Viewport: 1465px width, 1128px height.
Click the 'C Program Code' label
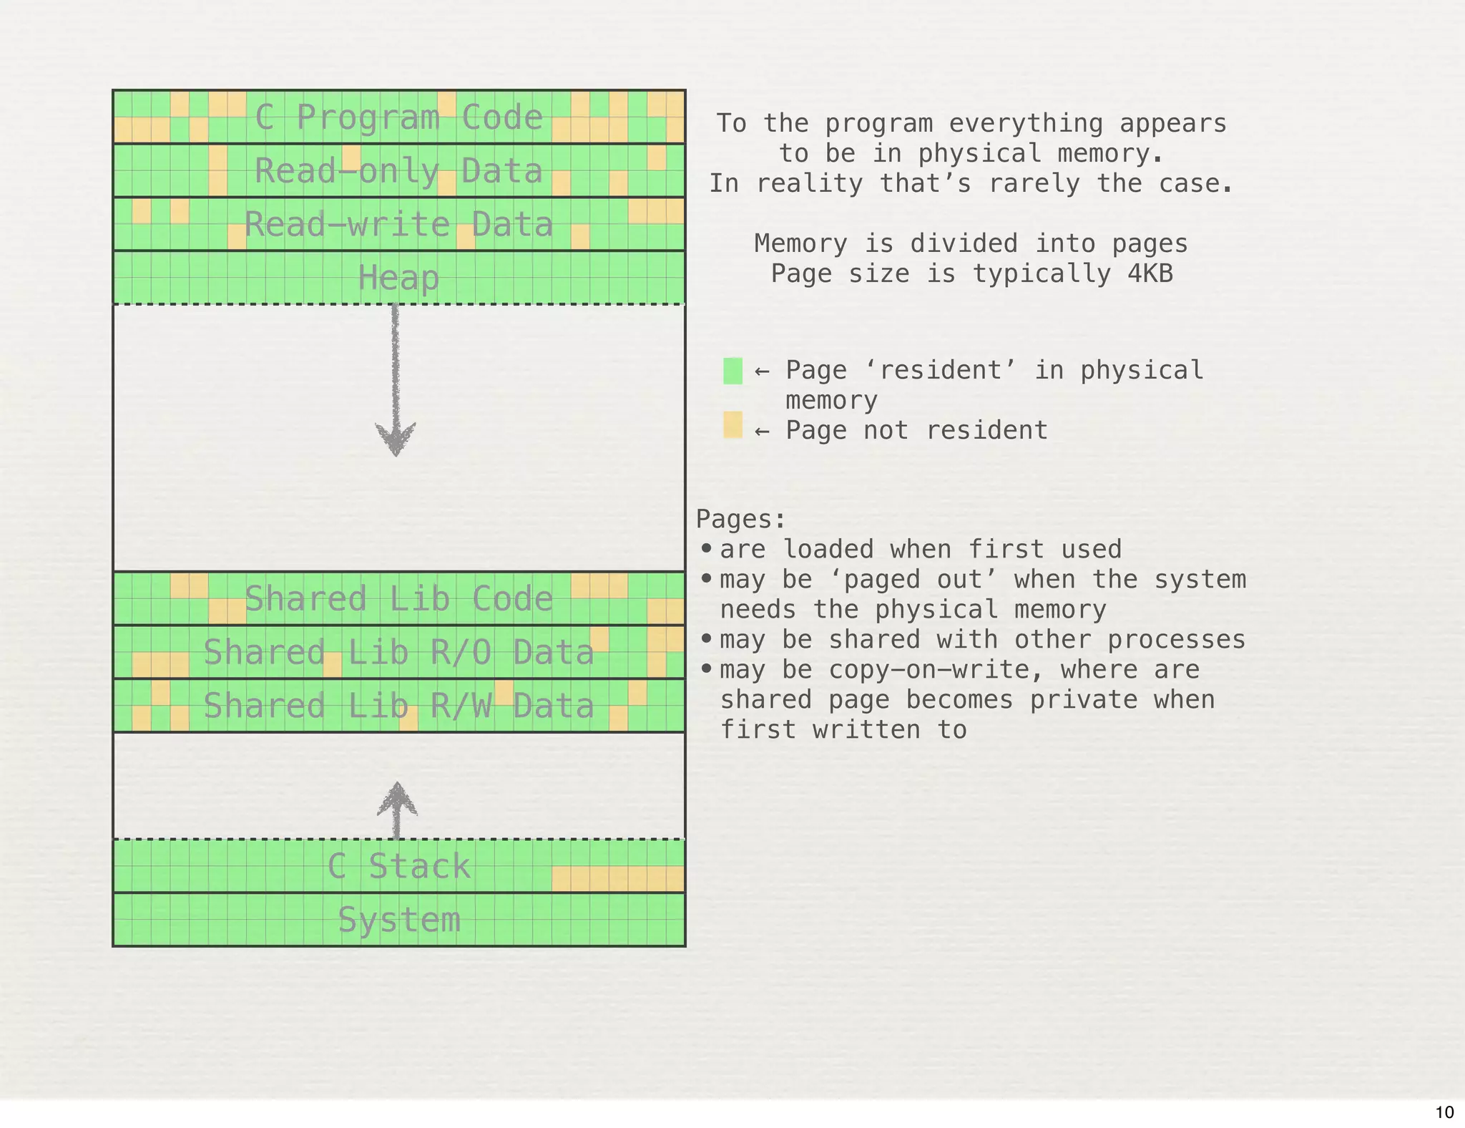pyautogui.click(x=398, y=117)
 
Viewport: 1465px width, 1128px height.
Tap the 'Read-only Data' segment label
pyautogui.click(x=398, y=171)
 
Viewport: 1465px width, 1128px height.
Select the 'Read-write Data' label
pyautogui.click(x=398, y=225)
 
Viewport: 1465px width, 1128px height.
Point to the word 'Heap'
pyautogui.click(x=398, y=278)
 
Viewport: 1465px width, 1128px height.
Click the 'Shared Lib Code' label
pyautogui.click(x=398, y=599)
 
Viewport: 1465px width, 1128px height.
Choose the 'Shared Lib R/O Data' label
pyautogui.click(x=398, y=653)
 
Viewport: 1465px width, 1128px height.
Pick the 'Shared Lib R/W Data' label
pyautogui.click(x=398, y=706)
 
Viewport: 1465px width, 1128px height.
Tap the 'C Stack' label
pyautogui.click(x=398, y=867)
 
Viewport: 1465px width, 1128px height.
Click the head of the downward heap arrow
pyautogui.click(x=396, y=437)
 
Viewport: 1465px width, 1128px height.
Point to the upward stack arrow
pyautogui.click(x=397, y=809)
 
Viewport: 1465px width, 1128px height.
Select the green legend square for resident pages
pyautogui.click(x=732, y=371)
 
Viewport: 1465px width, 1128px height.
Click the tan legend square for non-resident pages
pyautogui.click(x=732, y=425)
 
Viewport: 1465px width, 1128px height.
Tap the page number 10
pyautogui.click(x=1444, y=1112)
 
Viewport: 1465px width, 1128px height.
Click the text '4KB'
pyautogui.click(x=1150, y=274)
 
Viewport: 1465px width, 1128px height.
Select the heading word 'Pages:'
pyautogui.click(x=740, y=519)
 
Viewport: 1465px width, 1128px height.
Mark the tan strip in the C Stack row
pyautogui.click(x=618, y=879)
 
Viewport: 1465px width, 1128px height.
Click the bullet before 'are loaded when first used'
pyautogui.click(x=707, y=549)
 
